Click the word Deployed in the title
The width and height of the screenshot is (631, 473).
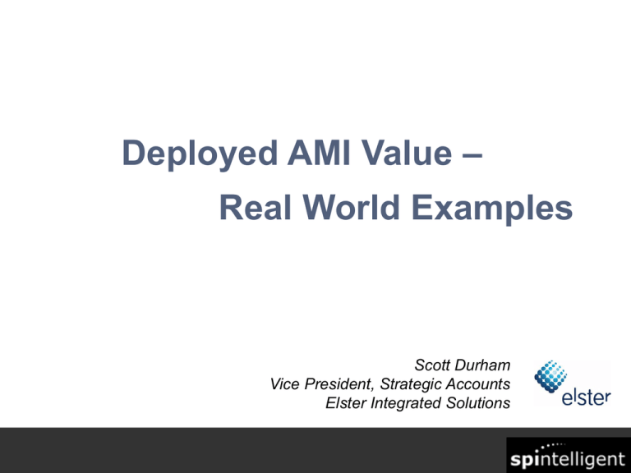pos(200,154)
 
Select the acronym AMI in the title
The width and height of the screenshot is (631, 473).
pos(319,153)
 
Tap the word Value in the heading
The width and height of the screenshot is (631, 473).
pos(407,153)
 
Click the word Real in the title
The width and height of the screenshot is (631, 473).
pos(256,207)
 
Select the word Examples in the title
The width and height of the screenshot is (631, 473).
pos(492,209)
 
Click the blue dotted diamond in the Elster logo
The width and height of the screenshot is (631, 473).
pos(550,376)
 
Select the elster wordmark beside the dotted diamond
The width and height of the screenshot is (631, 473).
pos(587,397)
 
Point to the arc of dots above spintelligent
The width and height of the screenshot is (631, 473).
pos(553,447)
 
